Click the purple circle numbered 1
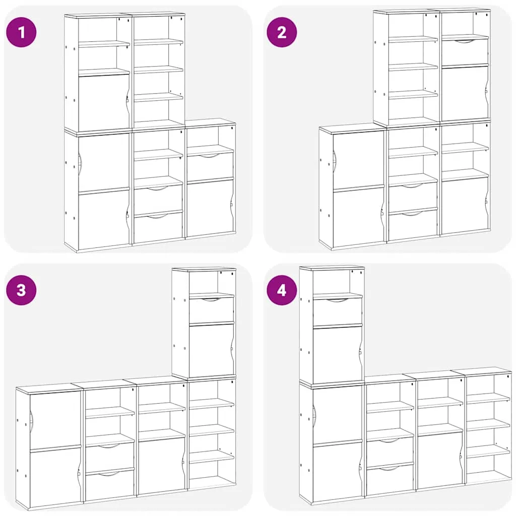point(21,32)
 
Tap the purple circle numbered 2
point(282,32)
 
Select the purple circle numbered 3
point(21,290)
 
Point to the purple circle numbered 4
point(282,290)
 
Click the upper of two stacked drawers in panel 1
point(158,199)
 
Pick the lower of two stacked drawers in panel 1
point(158,227)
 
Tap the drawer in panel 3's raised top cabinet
point(212,309)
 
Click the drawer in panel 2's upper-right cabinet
point(465,52)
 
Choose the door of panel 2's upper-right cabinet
point(465,93)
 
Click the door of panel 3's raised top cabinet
point(212,350)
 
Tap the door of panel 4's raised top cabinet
point(338,355)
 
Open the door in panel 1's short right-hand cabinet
point(210,208)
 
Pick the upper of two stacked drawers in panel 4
point(391,453)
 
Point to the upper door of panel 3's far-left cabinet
point(55,419)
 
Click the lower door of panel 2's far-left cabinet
point(359,218)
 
